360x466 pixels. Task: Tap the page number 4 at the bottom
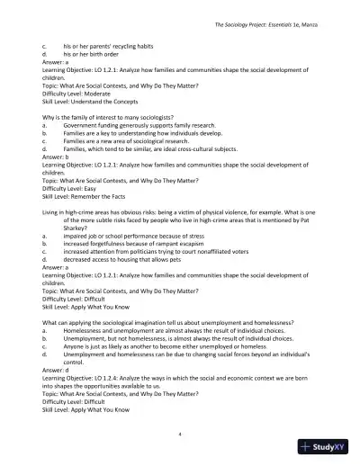180,434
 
